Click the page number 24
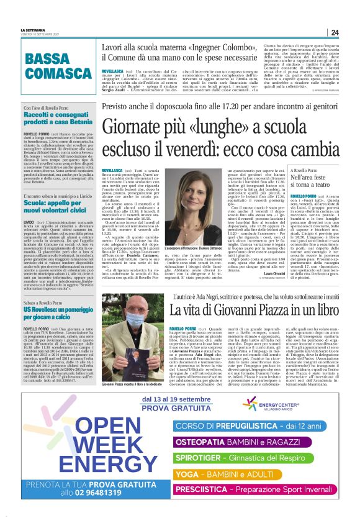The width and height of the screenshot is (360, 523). click(335, 32)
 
